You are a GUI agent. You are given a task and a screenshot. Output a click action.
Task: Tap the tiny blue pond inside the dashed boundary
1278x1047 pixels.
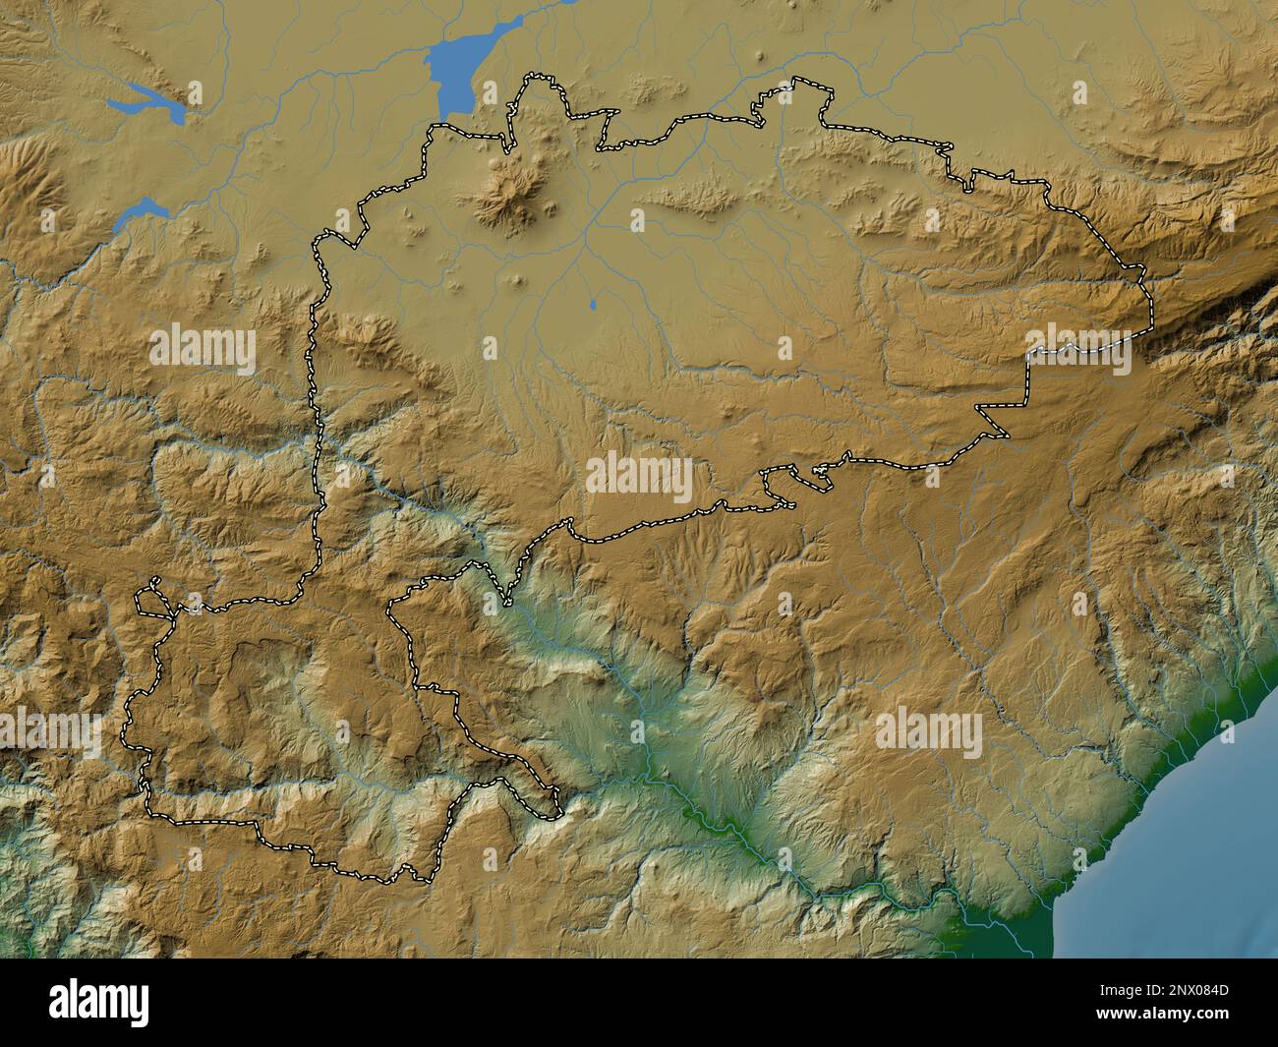click(593, 304)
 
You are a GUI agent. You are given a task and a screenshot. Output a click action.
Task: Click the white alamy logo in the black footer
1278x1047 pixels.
click(98, 1003)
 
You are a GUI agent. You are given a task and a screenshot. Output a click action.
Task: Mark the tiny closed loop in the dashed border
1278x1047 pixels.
click(150, 596)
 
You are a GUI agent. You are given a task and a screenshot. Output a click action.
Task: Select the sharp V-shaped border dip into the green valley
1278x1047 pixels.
click(507, 600)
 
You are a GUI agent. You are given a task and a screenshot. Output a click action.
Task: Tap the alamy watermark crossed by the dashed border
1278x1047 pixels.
click(1079, 350)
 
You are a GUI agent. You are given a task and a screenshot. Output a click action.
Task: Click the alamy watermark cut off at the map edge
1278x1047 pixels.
click(49, 733)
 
